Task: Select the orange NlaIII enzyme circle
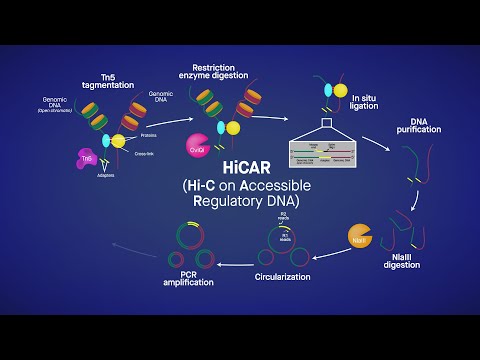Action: pyautogui.click(x=358, y=240)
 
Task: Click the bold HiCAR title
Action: pyautogui.click(x=241, y=165)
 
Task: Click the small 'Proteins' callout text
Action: pyautogui.click(x=153, y=134)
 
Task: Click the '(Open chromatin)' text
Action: pyautogui.click(x=57, y=110)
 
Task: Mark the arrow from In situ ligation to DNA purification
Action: pyautogui.click(x=376, y=139)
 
